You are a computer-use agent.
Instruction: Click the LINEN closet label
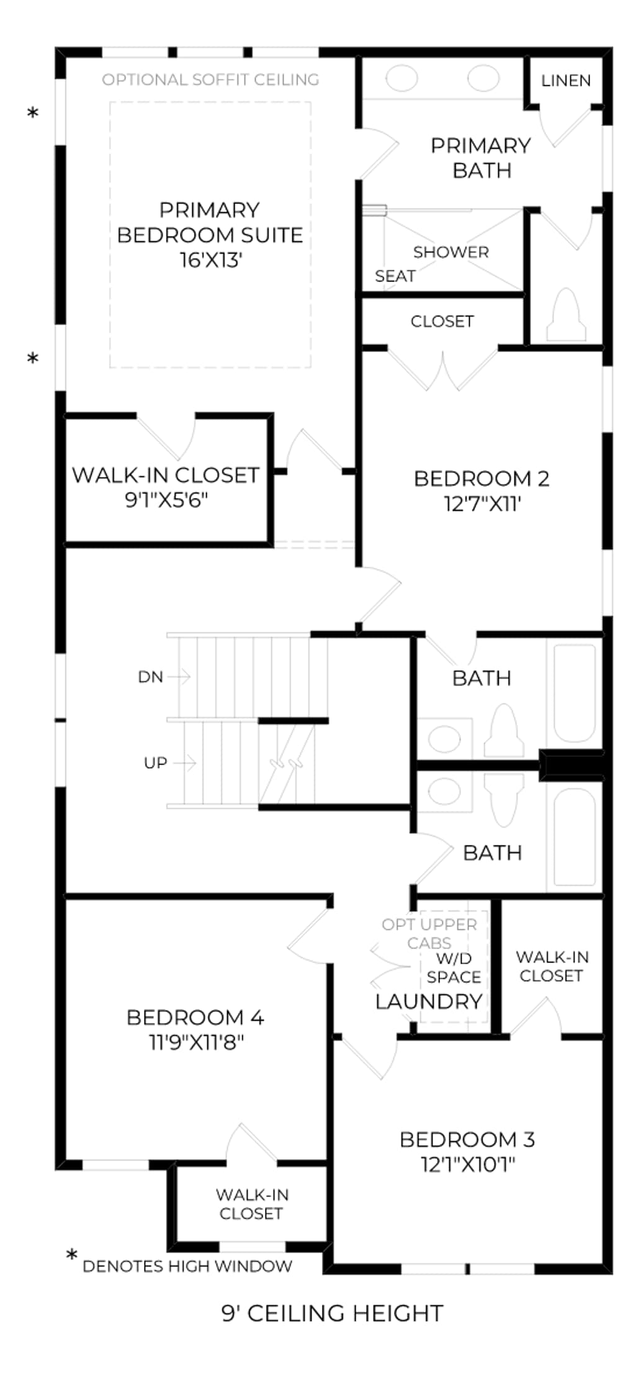click(565, 81)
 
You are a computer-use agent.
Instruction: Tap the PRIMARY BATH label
click(481, 158)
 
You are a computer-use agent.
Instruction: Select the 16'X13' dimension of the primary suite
click(210, 260)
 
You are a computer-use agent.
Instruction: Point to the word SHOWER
click(451, 252)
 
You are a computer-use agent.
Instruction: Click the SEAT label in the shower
click(395, 276)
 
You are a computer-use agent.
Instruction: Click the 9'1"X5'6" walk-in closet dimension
click(166, 500)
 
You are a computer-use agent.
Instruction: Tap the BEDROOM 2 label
click(482, 479)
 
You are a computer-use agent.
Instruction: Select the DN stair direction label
click(150, 677)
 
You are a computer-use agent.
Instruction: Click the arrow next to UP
click(185, 762)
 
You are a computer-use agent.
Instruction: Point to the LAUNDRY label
click(429, 1001)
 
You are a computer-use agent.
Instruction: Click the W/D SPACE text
click(454, 968)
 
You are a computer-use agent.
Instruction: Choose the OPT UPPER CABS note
click(429, 933)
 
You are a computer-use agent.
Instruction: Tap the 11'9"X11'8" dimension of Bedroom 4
click(196, 1042)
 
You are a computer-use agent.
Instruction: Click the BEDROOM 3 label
click(467, 1139)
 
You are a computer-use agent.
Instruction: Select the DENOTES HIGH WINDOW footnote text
click(187, 1266)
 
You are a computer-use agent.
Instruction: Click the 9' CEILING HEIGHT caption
click(333, 1313)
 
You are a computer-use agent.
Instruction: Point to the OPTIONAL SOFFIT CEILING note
click(210, 79)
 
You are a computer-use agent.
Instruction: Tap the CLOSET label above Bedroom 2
click(442, 322)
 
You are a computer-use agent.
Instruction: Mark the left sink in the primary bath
click(401, 79)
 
